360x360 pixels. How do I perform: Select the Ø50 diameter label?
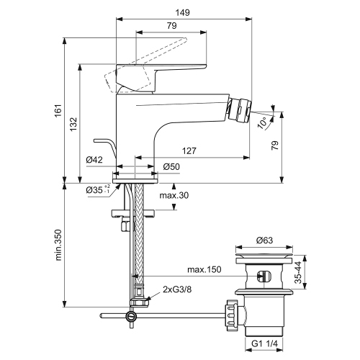171,166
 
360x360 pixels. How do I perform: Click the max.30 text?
174,196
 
